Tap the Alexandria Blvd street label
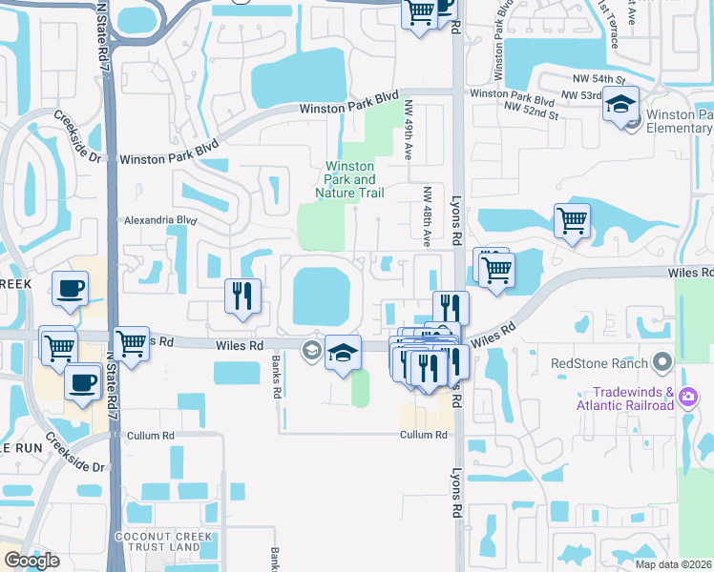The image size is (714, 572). coord(160,219)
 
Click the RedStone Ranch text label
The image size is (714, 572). coord(598,363)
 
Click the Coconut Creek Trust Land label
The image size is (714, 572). coord(157,541)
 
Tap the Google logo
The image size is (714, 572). coord(31,561)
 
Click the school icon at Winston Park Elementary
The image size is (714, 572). coord(620,105)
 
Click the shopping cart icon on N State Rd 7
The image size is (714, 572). coord(131,343)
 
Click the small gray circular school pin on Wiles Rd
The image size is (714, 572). coord(311,350)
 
